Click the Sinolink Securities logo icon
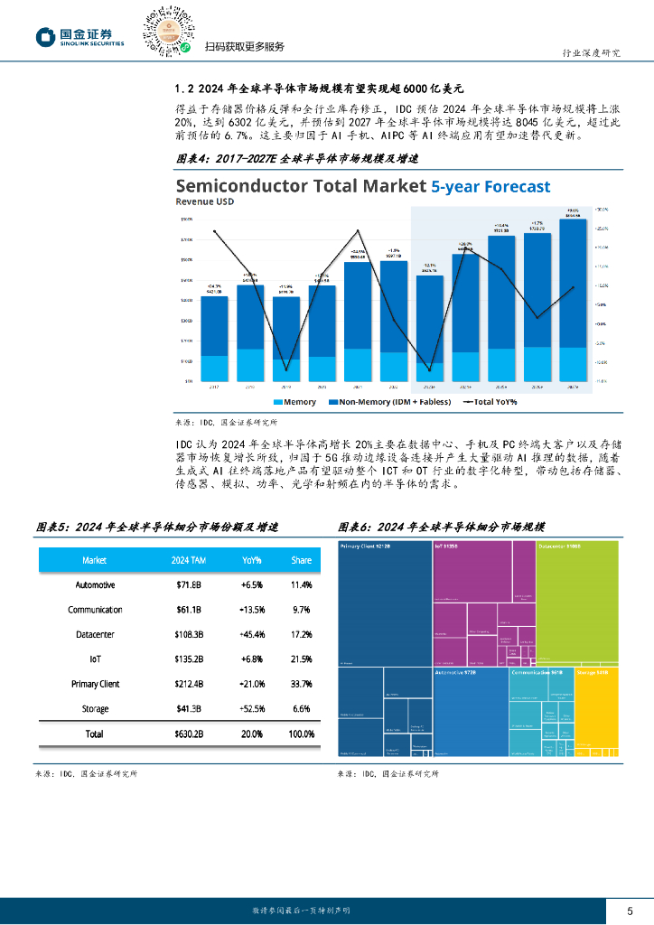pos(46,36)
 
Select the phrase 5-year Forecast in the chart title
pos(490,186)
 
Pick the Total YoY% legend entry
pos(490,401)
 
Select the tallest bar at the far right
pos(573,298)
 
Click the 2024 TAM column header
pos(189,561)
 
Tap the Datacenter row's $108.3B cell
pos(189,635)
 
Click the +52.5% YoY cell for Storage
pos(252,709)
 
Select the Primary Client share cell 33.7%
pos(301,684)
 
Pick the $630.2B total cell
pos(189,734)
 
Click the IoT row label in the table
pos(95,659)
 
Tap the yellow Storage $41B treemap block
pos(596,714)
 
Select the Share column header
pos(301,561)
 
